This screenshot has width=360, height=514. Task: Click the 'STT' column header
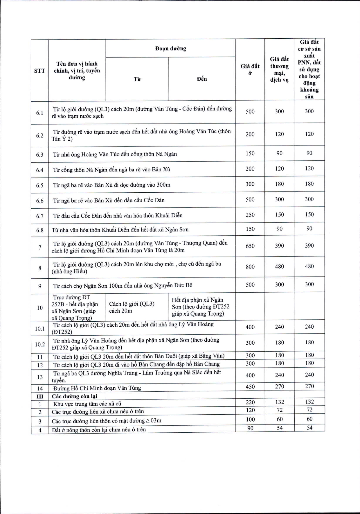tap(40, 71)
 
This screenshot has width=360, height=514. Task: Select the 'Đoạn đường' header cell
tap(170, 49)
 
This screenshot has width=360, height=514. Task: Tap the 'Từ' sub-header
tap(137, 79)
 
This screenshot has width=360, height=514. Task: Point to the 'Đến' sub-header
tap(202, 79)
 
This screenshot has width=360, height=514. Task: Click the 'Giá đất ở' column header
tap(250, 70)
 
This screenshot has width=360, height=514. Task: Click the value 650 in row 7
tap(250, 246)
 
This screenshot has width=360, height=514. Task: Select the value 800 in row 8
tap(250, 266)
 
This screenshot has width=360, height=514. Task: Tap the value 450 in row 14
tap(250, 387)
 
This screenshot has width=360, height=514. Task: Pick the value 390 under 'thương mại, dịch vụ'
tap(279, 246)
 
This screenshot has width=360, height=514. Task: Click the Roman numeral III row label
tap(40, 396)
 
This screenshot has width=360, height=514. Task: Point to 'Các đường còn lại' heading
tap(75, 396)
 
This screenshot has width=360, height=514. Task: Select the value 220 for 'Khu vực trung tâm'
tap(250, 402)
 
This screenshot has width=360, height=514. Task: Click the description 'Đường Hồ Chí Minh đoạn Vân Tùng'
tap(97, 388)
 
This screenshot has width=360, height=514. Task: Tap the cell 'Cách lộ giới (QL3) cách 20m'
tap(132, 307)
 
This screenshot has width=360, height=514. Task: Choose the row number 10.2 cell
tap(40, 344)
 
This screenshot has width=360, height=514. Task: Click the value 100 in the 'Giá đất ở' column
tap(250, 419)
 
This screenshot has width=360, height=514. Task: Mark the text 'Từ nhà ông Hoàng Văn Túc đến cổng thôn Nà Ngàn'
tap(115, 154)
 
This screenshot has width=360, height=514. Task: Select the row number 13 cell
tap(40, 377)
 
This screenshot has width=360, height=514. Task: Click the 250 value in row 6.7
tap(250, 215)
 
